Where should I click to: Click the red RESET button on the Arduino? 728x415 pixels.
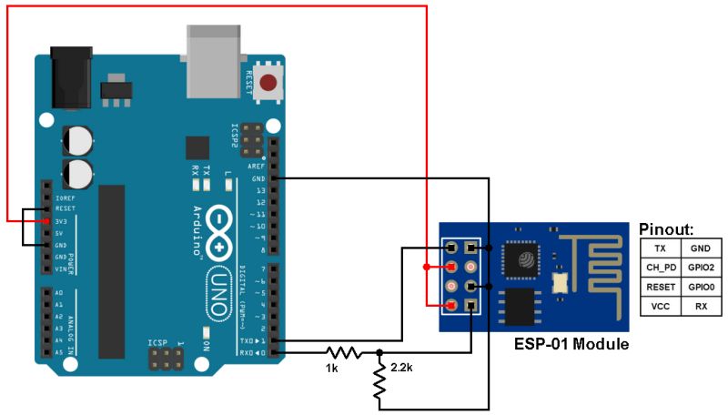(x=268, y=85)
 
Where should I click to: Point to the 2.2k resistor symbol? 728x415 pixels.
(x=379, y=381)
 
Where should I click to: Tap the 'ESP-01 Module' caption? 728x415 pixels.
(x=571, y=346)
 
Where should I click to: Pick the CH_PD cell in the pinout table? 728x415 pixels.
(x=661, y=268)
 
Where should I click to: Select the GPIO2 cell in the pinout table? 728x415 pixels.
(x=701, y=268)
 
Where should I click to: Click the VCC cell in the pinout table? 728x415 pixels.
(x=661, y=307)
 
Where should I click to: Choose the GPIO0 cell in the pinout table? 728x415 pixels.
(x=701, y=288)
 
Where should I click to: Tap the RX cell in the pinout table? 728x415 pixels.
(x=701, y=307)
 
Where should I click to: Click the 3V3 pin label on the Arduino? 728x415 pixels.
(x=63, y=220)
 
